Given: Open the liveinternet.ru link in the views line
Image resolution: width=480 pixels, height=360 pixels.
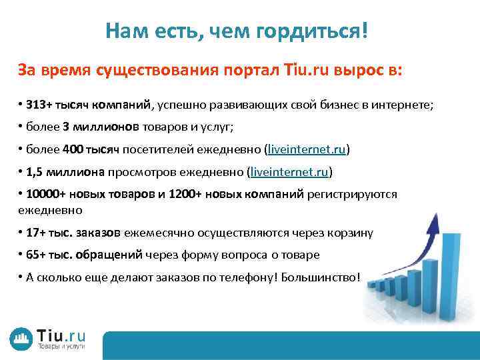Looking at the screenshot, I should (289, 172).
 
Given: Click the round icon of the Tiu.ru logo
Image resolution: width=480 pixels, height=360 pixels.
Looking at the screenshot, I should (21, 339).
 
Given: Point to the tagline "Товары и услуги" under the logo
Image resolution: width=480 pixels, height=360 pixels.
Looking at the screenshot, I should (61, 347).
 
